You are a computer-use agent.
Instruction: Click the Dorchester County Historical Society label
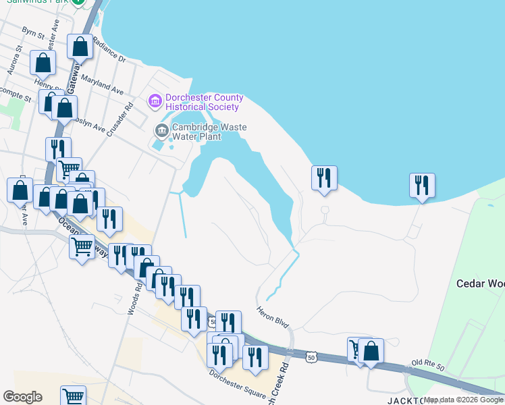pyautogui.click(x=203, y=102)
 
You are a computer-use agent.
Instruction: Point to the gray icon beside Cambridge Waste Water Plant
pyautogui.click(x=161, y=130)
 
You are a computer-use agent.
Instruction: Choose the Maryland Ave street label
pyautogui.click(x=102, y=84)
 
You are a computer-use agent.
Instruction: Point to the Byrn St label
pyautogui.click(x=32, y=32)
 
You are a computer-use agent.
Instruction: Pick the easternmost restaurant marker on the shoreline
pyautogui.click(x=422, y=185)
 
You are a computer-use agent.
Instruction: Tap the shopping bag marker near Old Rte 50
pyautogui.click(x=371, y=351)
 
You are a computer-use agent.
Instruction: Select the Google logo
pyautogui.click(x=22, y=397)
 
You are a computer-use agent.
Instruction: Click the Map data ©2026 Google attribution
pyautogui.click(x=463, y=400)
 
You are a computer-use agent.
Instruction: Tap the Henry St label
pyautogui.click(x=49, y=86)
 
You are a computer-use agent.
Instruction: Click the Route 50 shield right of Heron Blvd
pyautogui.click(x=310, y=356)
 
